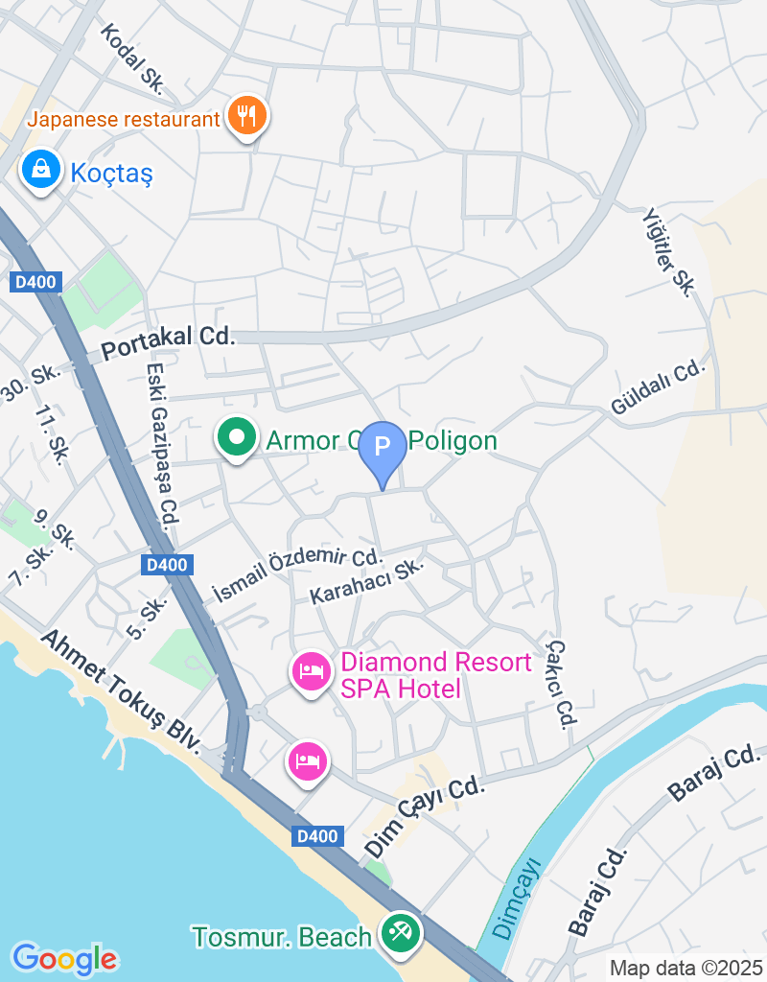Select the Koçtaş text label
(111, 173)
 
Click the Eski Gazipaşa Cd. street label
(162, 446)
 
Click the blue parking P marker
(383, 448)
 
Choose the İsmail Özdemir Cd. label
(296, 573)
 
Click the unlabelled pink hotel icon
(308, 761)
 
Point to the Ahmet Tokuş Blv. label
(120, 690)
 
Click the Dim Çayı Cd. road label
(425, 816)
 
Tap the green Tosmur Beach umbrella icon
(400, 933)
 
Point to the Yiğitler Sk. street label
(667, 252)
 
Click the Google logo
(64, 959)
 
